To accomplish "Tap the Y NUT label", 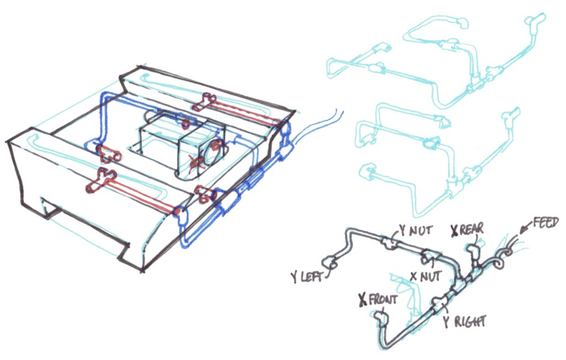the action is pyautogui.click(x=415, y=230).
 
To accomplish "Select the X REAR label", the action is pyautogui.click(x=467, y=229).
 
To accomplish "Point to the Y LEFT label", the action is pyautogui.click(x=306, y=277).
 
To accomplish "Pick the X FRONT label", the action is pyautogui.click(x=378, y=299).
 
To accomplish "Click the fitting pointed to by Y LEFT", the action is pyautogui.click(x=329, y=261).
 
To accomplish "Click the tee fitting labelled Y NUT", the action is pyautogui.click(x=388, y=242).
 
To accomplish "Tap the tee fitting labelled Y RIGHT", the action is pyautogui.click(x=438, y=303).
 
